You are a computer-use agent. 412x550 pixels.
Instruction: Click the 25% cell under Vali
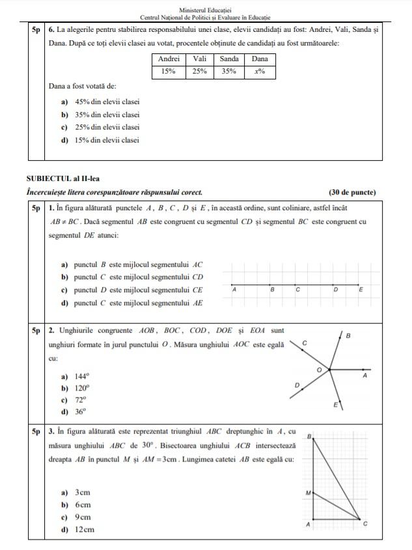(199, 72)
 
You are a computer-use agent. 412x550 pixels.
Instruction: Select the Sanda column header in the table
(229, 59)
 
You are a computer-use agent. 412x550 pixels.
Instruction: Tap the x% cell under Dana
(260, 72)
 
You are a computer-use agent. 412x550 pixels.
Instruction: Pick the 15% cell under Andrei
(169, 72)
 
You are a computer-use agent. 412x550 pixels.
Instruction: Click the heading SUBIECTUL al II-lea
(63, 178)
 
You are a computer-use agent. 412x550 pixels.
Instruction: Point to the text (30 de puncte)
(352, 192)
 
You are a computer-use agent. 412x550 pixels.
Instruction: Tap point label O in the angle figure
(319, 369)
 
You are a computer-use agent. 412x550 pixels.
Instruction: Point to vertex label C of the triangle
(364, 524)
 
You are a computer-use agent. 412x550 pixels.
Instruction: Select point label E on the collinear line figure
(361, 289)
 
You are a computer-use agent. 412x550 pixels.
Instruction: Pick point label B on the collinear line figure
(273, 289)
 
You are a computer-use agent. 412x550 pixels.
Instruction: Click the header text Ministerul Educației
(205, 11)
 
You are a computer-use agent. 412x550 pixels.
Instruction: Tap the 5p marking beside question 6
(35, 30)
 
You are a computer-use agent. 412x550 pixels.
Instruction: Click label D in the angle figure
(297, 385)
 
